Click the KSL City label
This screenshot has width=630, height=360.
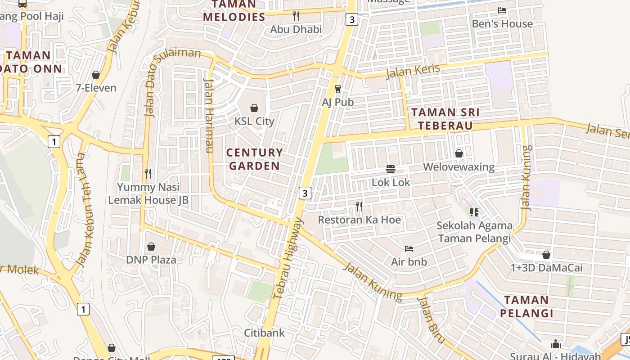(x=254, y=121)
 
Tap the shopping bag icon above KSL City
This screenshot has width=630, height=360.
(x=254, y=108)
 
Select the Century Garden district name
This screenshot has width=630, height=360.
(x=255, y=159)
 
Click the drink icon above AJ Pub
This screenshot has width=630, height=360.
(x=338, y=89)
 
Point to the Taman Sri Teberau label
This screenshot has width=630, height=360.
(x=445, y=119)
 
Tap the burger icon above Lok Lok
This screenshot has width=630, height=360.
(x=391, y=169)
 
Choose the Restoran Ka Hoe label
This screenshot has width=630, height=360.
(x=359, y=220)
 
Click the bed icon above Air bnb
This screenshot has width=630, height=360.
(x=409, y=248)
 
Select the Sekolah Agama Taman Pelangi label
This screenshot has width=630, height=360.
(x=474, y=232)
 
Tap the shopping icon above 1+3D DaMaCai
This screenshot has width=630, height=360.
(x=546, y=255)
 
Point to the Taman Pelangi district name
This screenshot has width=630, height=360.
(x=526, y=306)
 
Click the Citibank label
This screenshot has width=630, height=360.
(x=265, y=333)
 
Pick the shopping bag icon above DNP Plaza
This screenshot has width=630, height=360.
(x=151, y=247)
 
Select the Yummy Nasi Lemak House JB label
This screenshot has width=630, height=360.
(x=148, y=193)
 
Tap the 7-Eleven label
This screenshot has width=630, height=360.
(x=96, y=88)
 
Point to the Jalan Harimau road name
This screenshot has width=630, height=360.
(x=209, y=116)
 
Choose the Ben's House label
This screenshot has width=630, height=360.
(x=502, y=24)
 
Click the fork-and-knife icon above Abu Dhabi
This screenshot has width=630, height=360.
(x=296, y=16)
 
